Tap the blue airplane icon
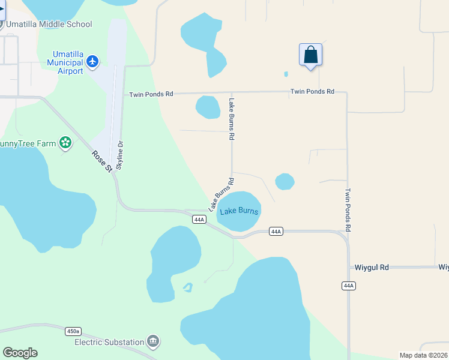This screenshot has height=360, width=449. [92, 61]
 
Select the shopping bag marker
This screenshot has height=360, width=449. [310, 55]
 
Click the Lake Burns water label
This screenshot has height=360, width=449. [239, 211]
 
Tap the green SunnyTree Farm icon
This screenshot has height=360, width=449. [65, 143]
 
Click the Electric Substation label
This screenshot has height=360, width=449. [109, 342]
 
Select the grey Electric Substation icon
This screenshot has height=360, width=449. [153, 341]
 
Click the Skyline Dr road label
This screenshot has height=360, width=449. [119, 155]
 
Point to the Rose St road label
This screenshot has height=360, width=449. [101, 161]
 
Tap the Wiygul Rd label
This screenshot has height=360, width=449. [372, 267]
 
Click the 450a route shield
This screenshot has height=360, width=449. [73, 331]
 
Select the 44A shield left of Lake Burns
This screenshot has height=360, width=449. [200, 220]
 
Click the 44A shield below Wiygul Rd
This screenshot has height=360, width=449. [349, 286]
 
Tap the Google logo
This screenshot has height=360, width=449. [20, 353]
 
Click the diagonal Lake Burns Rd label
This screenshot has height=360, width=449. [220, 194]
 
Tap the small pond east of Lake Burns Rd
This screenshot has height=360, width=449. [285, 181]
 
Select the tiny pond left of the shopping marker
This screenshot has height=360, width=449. [286, 74]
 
